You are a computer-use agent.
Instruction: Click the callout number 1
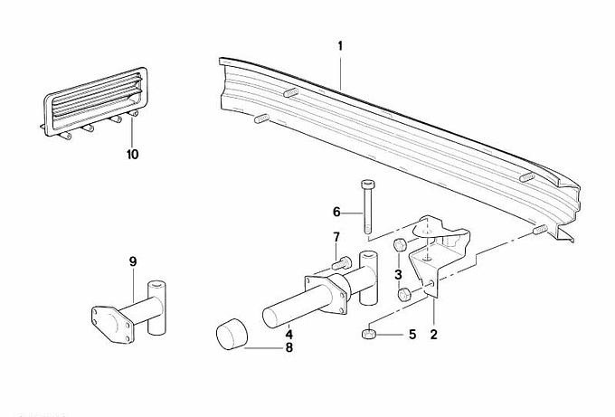pyautogui.click(x=340, y=46)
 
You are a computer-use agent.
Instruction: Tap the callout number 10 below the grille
pyautogui.click(x=133, y=154)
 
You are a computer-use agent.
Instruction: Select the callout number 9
pyautogui.click(x=133, y=261)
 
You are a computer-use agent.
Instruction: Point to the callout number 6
pyautogui.click(x=336, y=213)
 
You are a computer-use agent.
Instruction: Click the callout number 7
pyautogui.click(x=336, y=237)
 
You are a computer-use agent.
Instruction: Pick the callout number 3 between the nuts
pyautogui.click(x=398, y=274)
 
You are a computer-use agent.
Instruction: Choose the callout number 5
pyautogui.click(x=412, y=335)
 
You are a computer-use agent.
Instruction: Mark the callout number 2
pyautogui.click(x=433, y=335)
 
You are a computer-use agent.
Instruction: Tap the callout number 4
pyautogui.click(x=289, y=335)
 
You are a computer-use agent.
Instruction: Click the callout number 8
pyautogui.click(x=289, y=347)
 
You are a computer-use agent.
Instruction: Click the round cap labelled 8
pyautogui.click(x=232, y=334)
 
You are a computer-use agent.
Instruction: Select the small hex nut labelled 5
pyautogui.click(x=368, y=334)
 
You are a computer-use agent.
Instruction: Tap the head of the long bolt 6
pyautogui.click(x=367, y=184)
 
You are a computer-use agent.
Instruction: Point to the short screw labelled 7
pyautogui.click(x=342, y=262)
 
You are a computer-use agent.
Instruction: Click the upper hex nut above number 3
pyautogui.click(x=400, y=245)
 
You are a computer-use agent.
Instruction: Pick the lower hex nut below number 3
pyautogui.click(x=403, y=295)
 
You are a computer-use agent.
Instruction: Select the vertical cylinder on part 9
pyautogui.click(x=156, y=308)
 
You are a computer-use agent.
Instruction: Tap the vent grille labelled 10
pyautogui.click(x=95, y=103)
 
